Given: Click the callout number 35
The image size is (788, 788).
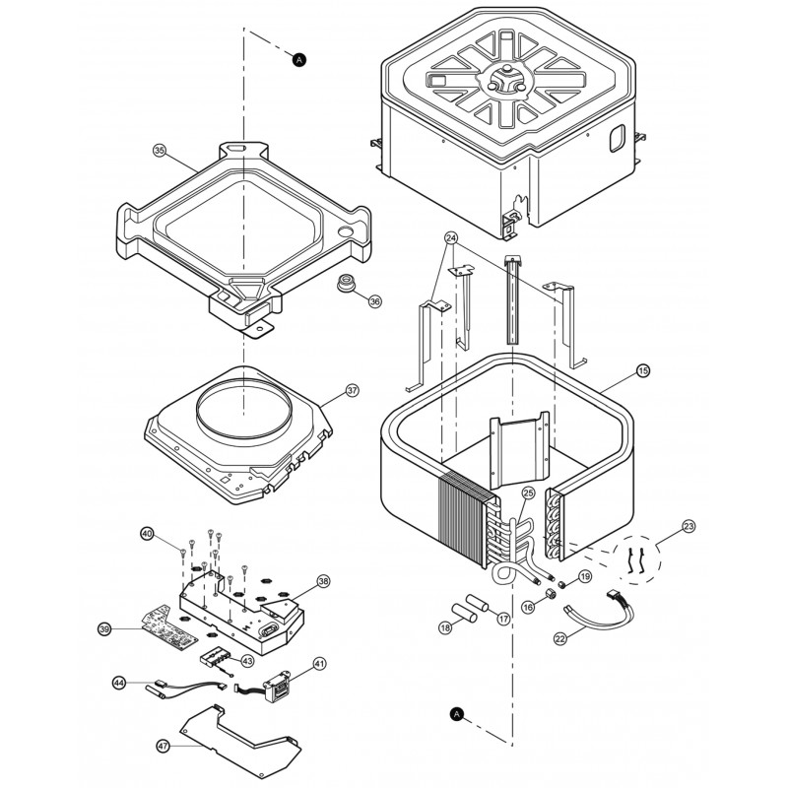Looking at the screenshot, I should pyautogui.click(x=160, y=151).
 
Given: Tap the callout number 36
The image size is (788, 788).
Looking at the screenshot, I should pyautogui.click(x=374, y=302).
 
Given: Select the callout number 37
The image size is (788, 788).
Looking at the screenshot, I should pyautogui.click(x=353, y=391).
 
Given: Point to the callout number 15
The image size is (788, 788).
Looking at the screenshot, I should pyautogui.click(x=642, y=371).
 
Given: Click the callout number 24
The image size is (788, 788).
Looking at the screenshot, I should pyautogui.click(x=451, y=238).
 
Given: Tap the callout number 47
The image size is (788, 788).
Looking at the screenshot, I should pyautogui.click(x=164, y=748).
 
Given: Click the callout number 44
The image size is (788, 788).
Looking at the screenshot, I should pyautogui.click(x=119, y=682).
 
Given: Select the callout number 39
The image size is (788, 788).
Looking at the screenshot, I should pyautogui.click(x=104, y=628).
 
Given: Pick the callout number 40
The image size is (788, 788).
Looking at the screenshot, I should pyautogui.click(x=148, y=533).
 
